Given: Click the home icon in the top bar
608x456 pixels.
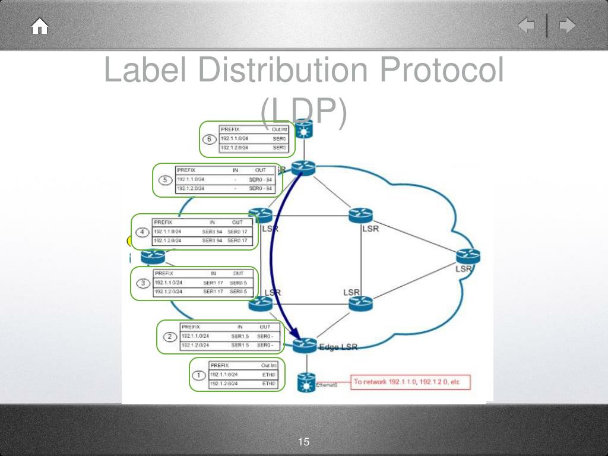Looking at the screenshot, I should (40, 27).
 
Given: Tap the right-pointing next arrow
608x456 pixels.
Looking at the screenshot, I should (568, 26).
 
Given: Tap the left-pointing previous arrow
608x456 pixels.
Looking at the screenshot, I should (526, 26).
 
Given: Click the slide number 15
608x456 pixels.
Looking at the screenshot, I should (304, 442).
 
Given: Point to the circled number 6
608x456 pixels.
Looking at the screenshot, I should (208, 140).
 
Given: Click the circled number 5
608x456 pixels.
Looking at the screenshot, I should (164, 180).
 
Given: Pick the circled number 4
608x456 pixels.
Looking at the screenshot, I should (142, 232).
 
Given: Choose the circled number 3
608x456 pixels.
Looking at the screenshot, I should (143, 283).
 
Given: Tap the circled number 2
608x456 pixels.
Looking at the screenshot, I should (170, 337).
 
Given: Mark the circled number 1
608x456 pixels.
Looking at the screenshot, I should (200, 375).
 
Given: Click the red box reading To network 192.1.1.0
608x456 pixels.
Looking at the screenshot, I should (410, 382).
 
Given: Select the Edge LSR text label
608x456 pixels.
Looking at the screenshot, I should (338, 347).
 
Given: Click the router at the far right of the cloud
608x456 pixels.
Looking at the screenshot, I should (468, 256).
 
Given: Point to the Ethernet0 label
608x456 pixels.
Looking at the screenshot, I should (327, 385).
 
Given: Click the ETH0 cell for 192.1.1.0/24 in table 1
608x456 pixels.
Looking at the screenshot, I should (269, 375).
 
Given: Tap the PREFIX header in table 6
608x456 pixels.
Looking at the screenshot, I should (229, 129).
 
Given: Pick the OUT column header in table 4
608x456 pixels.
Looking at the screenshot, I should (238, 223).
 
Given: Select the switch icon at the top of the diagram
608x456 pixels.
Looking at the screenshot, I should (305, 130).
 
